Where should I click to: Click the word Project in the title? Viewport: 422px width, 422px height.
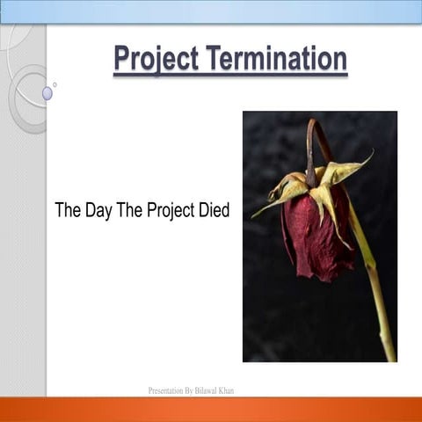pos(156,59)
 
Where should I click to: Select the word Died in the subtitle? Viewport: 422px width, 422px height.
pos(212,211)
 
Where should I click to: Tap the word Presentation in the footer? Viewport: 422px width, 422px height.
pos(169,389)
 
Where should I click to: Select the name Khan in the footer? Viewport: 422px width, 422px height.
pos(227,389)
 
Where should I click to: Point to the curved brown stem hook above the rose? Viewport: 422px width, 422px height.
pos(313,141)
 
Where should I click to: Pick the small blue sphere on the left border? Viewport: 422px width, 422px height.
pos(47,93)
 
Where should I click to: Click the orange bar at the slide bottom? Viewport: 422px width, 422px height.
pos(211,409)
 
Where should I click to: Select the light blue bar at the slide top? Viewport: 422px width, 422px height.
pos(211,11)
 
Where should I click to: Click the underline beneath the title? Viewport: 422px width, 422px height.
pos(230,76)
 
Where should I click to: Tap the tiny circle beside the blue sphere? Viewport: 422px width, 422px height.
pos(55,84)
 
